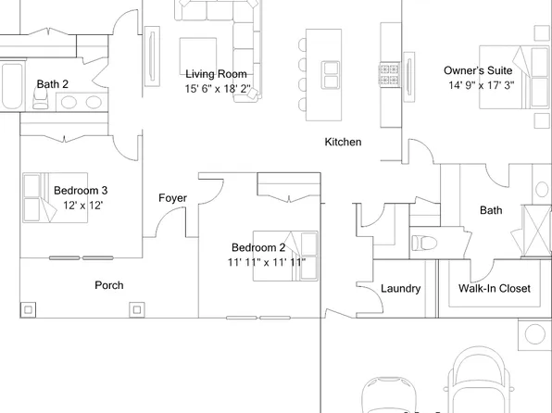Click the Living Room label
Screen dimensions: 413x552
click(x=216, y=74)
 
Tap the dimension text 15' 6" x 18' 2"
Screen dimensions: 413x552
click(x=217, y=89)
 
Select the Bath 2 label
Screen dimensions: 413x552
click(x=53, y=84)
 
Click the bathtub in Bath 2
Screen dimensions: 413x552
click(x=11, y=86)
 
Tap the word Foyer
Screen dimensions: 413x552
click(x=173, y=198)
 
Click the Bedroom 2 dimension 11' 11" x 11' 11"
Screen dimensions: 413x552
click(x=267, y=262)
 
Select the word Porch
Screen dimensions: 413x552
click(x=109, y=285)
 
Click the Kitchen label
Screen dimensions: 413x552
click(x=342, y=143)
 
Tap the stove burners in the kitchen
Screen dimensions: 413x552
click(x=388, y=71)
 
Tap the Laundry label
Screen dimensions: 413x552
click(x=401, y=289)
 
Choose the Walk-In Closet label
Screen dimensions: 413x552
click(x=495, y=289)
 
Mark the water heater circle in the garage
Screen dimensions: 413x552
click(x=534, y=333)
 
